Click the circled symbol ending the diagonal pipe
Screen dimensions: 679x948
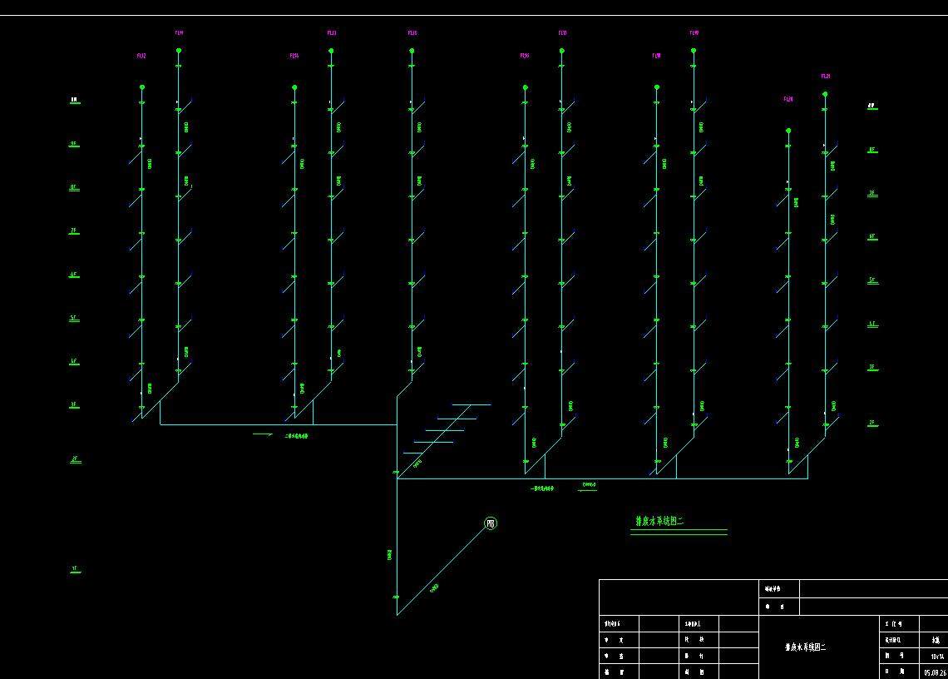click(491, 523)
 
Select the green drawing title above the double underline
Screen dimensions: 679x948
click(659, 522)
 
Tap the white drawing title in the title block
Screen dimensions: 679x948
click(805, 647)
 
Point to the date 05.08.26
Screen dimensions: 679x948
click(934, 672)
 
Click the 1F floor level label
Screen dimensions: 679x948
click(75, 569)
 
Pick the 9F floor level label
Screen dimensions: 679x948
click(74, 143)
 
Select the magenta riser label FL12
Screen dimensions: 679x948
click(141, 56)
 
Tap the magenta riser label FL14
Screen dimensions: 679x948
click(179, 33)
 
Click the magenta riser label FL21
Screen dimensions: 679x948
click(826, 77)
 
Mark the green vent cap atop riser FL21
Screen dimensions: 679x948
click(825, 94)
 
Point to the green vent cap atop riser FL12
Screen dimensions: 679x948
click(142, 87)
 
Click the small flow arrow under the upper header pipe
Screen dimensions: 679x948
click(263, 434)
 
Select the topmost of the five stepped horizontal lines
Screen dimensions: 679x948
click(471, 405)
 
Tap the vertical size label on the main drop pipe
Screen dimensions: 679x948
click(389, 554)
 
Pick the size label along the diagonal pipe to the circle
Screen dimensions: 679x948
click(434, 588)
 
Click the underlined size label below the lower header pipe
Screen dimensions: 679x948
click(589, 485)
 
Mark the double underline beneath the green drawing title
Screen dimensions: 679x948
click(679, 532)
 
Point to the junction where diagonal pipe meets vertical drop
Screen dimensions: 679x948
click(397, 614)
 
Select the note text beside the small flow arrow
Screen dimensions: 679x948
click(297, 435)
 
